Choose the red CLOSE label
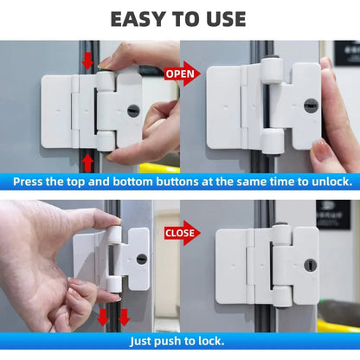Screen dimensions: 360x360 pyautogui.click(x=179, y=233)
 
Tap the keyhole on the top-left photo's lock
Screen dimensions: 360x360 pyautogui.click(x=132, y=111)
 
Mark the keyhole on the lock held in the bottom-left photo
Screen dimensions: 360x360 pyautogui.click(x=140, y=258)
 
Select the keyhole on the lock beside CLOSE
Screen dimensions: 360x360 pyautogui.click(x=308, y=266)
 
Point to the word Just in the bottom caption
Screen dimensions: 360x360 pyautogui.click(x=145, y=341)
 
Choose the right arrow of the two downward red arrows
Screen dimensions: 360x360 pyautogui.click(x=124, y=317)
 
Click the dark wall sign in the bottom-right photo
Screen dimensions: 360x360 pyautogui.click(x=332, y=214)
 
